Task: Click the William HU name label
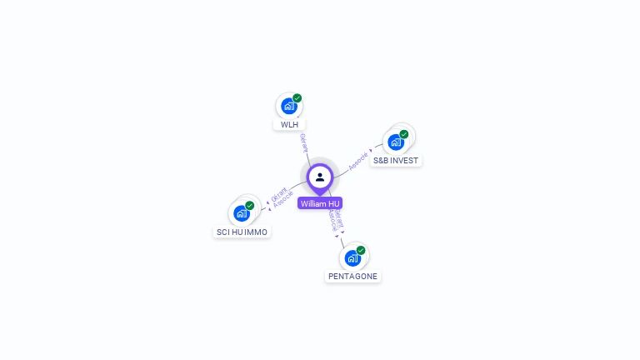[320, 203]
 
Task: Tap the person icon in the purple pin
[320, 177]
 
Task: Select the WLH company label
[289, 125]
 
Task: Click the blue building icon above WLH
[288, 106]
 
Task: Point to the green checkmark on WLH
[297, 98]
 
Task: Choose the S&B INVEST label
[396, 160]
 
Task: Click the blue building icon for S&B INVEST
[395, 142]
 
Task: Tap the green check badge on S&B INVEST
[404, 134]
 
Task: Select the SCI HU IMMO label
[242, 232]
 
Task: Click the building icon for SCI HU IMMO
[241, 213]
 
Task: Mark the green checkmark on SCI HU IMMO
[250, 205]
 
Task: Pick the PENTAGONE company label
[352, 276]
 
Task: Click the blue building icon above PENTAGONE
[352, 257]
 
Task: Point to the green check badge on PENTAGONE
[361, 250]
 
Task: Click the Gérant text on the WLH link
[303, 142]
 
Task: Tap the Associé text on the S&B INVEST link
[358, 160]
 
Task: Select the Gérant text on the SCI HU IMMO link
[278, 193]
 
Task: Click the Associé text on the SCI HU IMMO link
[283, 200]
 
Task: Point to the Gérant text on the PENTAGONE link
[338, 217]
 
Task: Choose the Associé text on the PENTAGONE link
[332, 219]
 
